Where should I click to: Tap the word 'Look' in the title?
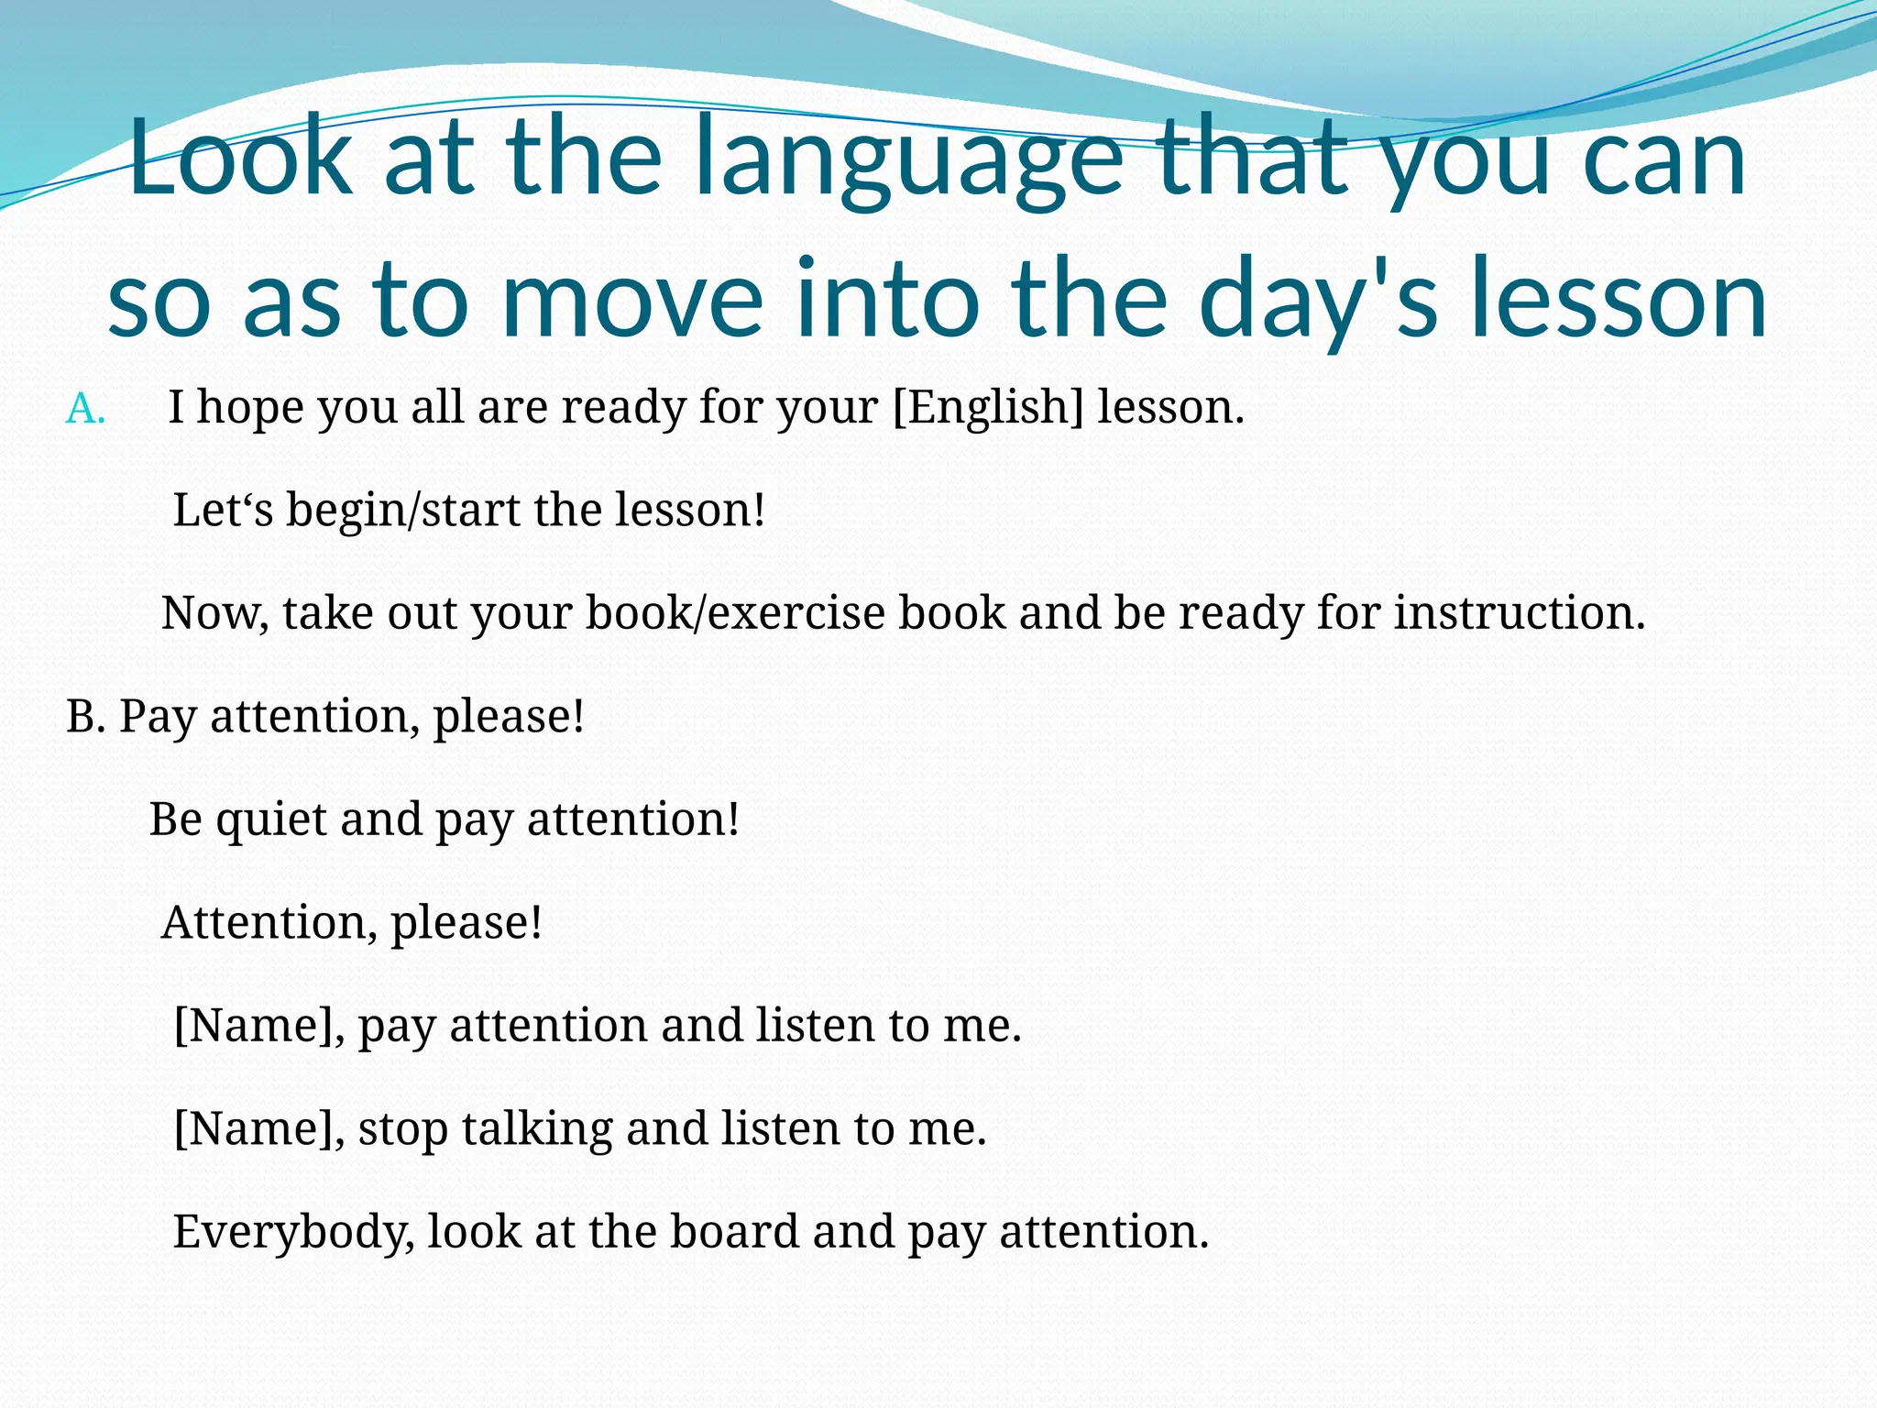point(240,158)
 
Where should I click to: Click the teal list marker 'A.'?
point(85,408)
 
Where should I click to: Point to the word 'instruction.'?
point(1520,612)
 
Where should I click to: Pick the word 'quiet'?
point(271,819)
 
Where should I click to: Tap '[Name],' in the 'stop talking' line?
point(259,1128)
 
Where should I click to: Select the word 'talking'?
point(537,1128)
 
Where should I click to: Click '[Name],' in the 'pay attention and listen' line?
point(259,1025)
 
